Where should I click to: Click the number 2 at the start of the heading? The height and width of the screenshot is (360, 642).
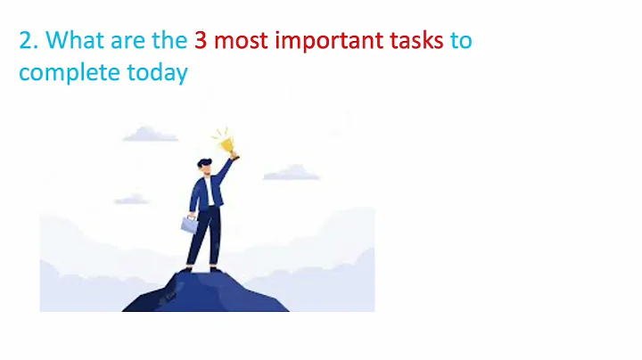pos(27,40)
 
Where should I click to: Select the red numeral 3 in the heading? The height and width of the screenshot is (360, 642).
pos(202,40)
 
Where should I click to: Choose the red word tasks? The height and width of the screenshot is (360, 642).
pos(417,40)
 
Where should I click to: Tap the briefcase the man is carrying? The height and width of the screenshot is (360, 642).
pos(190,224)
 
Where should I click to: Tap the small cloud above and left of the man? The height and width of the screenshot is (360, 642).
pos(150,135)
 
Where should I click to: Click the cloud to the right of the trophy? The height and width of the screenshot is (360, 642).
pos(292,172)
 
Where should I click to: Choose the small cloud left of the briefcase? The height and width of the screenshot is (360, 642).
pos(131,200)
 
